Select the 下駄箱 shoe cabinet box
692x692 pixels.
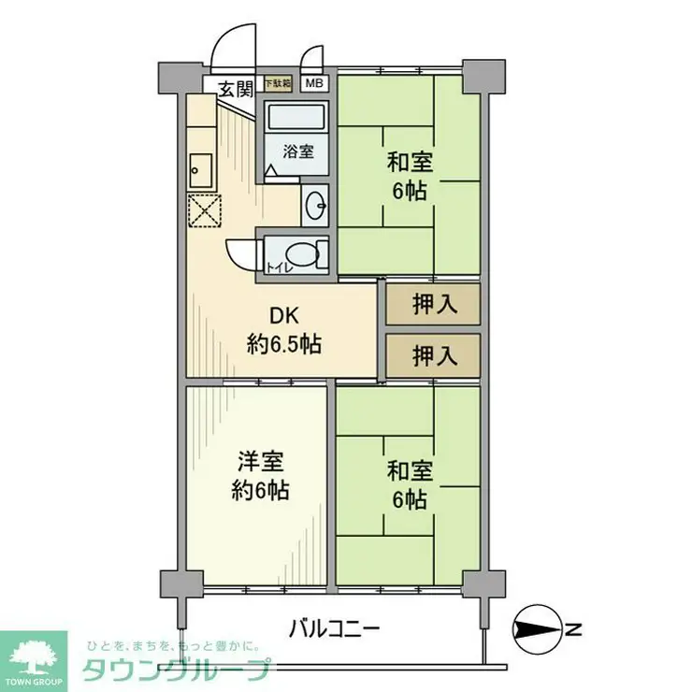click(x=277, y=83)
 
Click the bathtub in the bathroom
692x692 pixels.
click(x=296, y=119)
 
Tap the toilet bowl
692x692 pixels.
click(x=301, y=253)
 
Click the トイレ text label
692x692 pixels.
click(x=278, y=268)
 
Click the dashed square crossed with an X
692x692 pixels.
click(x=206, y=210)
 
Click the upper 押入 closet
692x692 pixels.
click(x=433, y=304)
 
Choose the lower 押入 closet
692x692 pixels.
click(x=433, y=355)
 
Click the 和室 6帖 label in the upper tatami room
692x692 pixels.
click(x=410, y=175)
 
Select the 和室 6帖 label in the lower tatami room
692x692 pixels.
click(x=410, y=486)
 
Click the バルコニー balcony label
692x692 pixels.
click(x=334, y=627)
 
